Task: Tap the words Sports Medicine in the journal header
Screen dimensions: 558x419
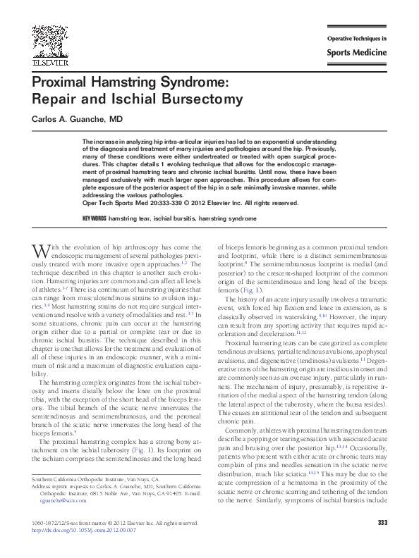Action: [x=356, y=53]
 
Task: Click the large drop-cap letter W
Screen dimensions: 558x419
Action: [x=40, y=252]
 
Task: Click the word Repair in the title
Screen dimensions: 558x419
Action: [x=54, y=100]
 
